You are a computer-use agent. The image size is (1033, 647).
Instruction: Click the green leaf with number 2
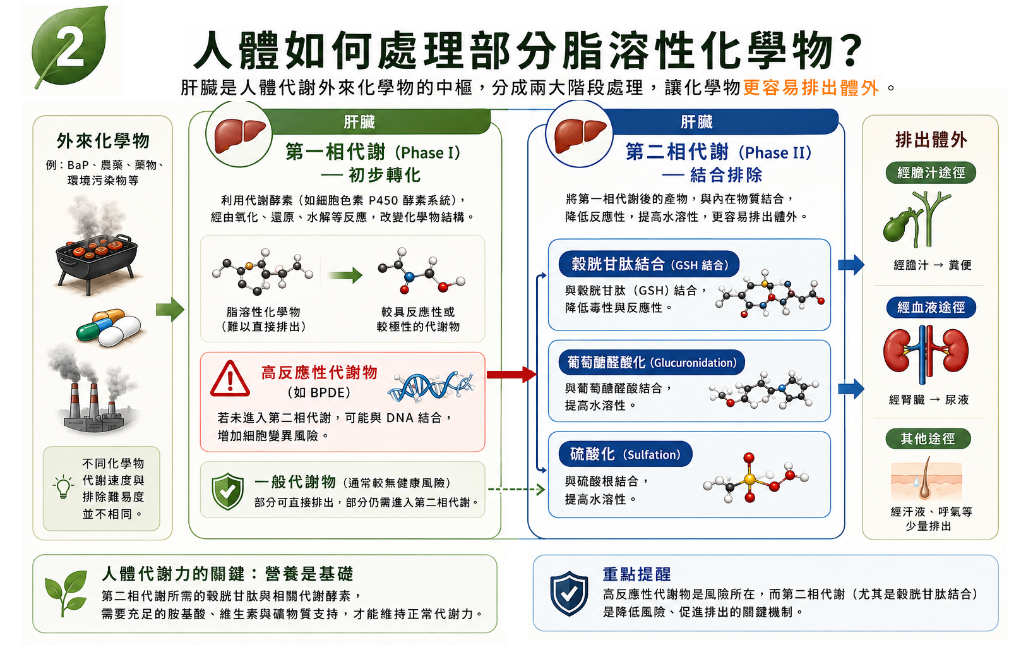69,46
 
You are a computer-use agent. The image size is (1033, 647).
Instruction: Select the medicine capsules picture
109,328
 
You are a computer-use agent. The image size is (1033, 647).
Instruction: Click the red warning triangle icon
230,379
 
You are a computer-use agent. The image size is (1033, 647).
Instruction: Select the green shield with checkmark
227,491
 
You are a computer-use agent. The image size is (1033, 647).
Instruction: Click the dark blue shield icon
569,593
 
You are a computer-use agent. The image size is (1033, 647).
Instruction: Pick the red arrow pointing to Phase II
511,374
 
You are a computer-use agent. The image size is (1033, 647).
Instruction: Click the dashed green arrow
516,489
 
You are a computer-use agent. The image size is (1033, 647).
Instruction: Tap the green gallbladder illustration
916,219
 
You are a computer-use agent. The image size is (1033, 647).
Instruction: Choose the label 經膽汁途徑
931,173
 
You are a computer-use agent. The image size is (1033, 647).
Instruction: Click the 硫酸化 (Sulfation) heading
625,454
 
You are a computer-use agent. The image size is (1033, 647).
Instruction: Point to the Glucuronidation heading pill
652,363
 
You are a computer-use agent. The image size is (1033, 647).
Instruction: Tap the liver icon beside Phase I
239,135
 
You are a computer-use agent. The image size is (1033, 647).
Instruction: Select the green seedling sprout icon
66,593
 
